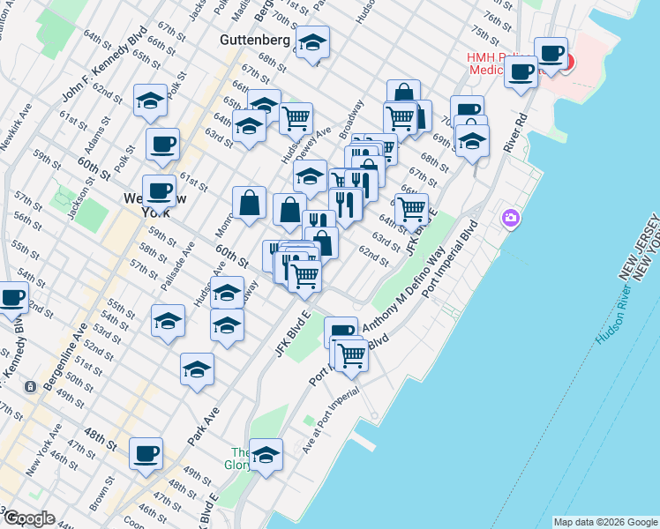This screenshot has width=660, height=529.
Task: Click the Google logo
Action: pyautogui.click(x=28, y=518)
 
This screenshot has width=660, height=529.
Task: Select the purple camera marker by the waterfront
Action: pyautogui.click(x=511, y=217)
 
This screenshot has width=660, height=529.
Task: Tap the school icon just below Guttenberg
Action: pyautogui.click(x=312, y=41)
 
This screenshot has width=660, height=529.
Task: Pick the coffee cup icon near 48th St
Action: pyautogui.click(x=146, y=454)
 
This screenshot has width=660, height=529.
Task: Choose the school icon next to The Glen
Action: pyautogui.click(x=266, y=455)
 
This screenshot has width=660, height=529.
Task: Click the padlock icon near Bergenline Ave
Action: pyautogui.click(x=31, y=386)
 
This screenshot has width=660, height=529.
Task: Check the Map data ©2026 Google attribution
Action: pyautogui.click(x=605, y=522)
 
